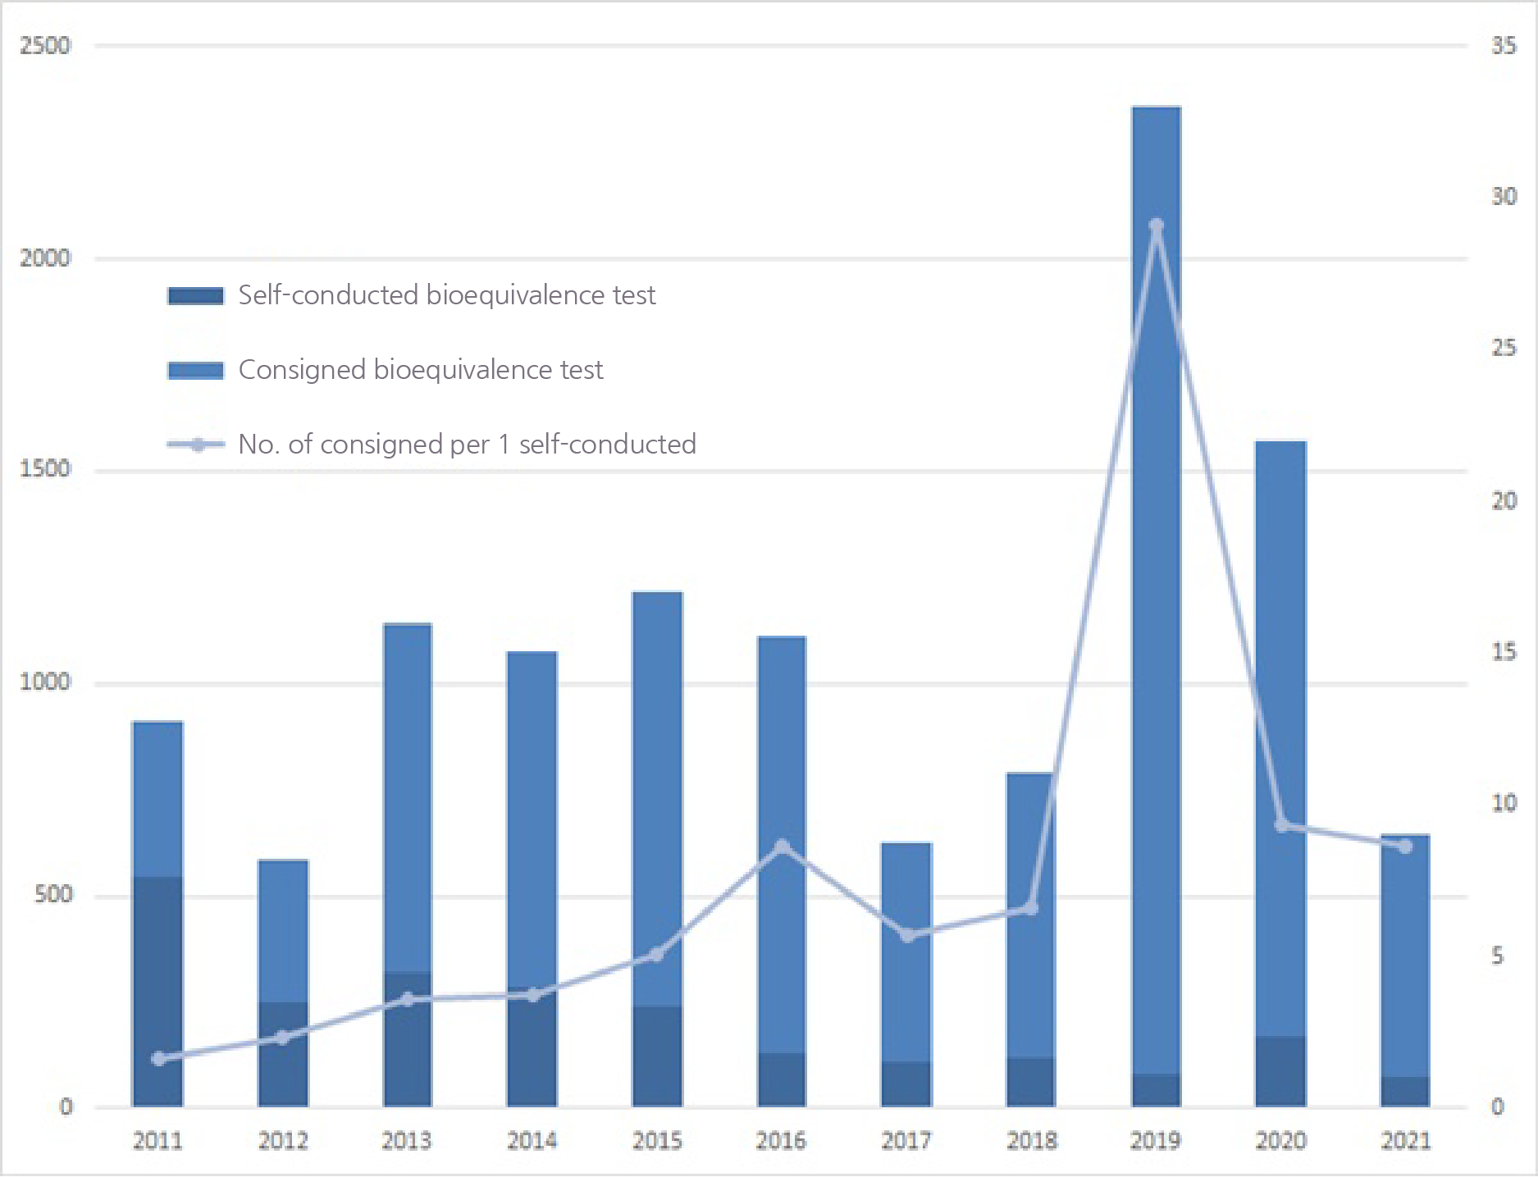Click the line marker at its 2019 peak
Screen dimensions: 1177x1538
point(1157,226)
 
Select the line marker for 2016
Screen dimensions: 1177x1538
point(783,846)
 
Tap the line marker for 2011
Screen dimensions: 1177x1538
point(158,1059)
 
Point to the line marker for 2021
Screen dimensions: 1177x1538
point(1406,846)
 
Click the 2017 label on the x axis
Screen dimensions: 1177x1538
point(906,1141)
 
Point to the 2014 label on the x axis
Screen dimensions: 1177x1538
point(532,1141)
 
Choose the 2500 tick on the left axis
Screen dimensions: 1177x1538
point(45,45)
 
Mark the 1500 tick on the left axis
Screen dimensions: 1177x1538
point(45,469)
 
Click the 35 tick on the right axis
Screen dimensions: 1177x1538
point(1504,45)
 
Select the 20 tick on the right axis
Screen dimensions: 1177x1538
point(1504,500)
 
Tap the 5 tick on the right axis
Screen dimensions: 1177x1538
point(1498,956)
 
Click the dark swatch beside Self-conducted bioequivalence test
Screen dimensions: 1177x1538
point(196,296)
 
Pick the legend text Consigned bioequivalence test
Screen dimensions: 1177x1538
point(420,370)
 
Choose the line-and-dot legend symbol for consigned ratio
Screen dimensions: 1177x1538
point(197,445)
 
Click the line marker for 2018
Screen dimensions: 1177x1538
point(1031,908)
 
